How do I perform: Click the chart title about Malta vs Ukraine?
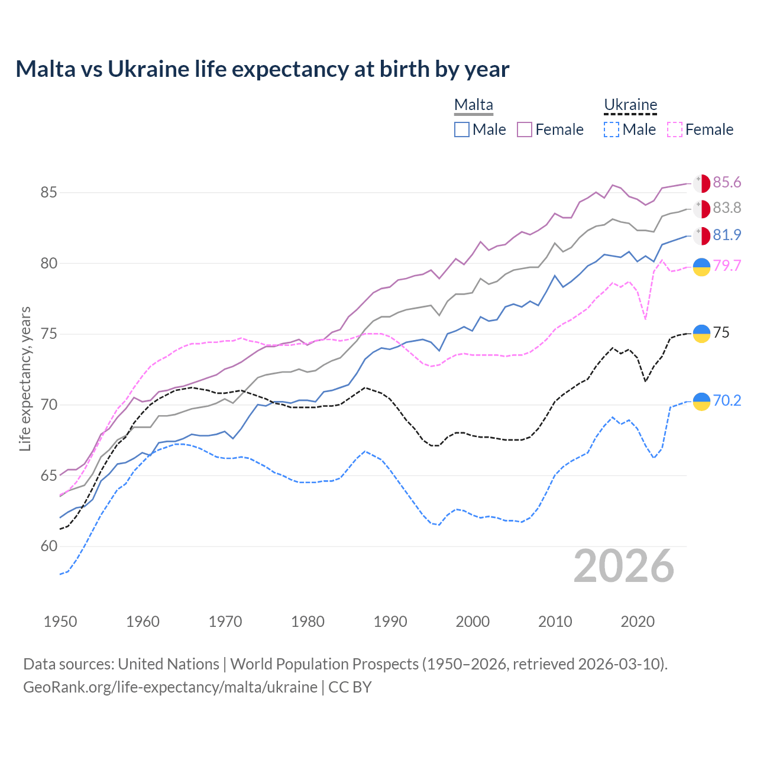click(x=262, y=69)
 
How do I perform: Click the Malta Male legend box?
click(x=462, y=130)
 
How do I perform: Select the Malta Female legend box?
click(x=525, y=130)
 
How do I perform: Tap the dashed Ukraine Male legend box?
click(x=612, y=130)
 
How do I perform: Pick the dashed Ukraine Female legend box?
click(x=675, y=130)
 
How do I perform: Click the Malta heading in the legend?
click(x=474, y=105)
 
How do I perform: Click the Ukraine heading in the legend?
click(x=630, y=105)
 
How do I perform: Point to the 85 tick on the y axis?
click(x=48, y=193)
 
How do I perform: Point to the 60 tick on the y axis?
click(x=48, y=546)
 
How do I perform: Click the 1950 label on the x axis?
click(x=60, y=622)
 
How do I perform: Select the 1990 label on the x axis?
click(x=390, y=622)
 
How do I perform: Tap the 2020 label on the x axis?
click(x=638, y=622)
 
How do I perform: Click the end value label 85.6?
click(x=727, y=183)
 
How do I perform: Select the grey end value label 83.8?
click(x=727, y=208)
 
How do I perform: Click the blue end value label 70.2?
click(x=727, y=401)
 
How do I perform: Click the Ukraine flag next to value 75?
click(x=701, y=334)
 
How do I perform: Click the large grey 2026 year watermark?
click(x=624, y=567)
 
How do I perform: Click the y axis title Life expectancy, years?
click(x=25, y=378)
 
